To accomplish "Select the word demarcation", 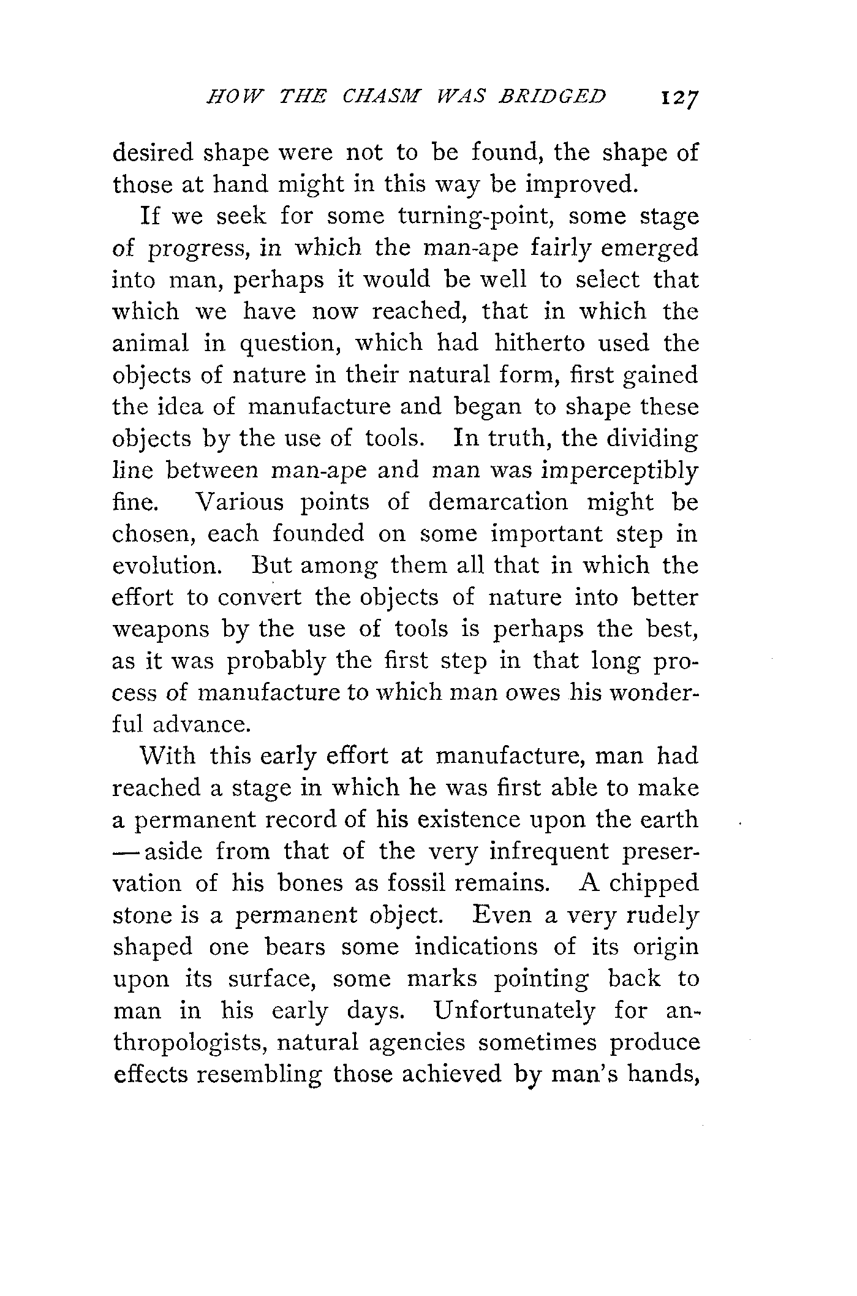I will point(498,503).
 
